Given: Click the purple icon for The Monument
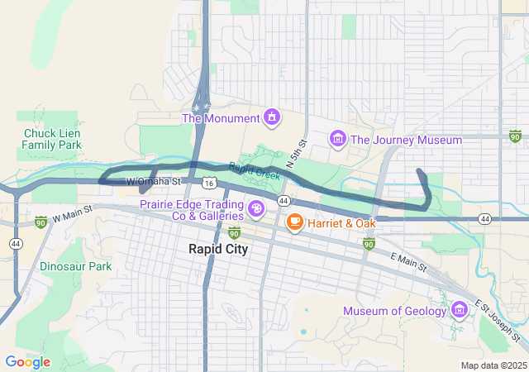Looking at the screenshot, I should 270,118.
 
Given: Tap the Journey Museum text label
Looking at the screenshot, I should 406,140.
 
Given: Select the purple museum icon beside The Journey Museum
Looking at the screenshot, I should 336,139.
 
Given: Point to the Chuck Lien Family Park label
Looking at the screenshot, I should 52,139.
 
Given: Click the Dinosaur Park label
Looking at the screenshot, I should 75,267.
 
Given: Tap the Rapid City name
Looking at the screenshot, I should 218,249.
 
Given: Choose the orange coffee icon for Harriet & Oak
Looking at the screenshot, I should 293,222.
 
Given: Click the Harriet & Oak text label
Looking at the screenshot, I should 341,223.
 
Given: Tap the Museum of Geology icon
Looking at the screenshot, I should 460,311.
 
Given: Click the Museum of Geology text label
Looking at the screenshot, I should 395,312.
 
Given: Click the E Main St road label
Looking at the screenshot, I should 408,263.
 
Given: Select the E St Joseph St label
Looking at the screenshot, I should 497,323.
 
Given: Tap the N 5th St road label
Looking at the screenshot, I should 296,156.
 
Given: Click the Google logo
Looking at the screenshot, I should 27,362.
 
